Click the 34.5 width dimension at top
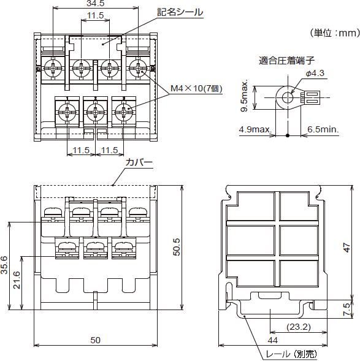[94, 4]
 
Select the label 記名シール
[180, 12]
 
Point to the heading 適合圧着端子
[286, 60]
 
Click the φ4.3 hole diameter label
[315, 73]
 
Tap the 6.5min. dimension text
[323, 129]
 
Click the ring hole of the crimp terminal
[286, 96]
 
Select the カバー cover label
[139, 163]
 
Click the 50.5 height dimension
[177, 248]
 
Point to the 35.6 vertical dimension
[5, 265]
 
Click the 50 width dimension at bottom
[95, 340]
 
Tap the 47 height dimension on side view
[347, 248]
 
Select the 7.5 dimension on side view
[347, 308]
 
